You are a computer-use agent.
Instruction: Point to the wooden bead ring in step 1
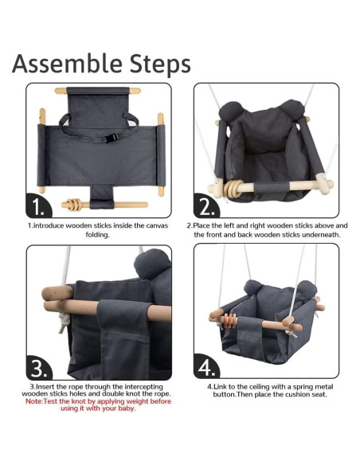click(74, 205)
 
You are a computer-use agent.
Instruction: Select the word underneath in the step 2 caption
click(314, 234)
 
